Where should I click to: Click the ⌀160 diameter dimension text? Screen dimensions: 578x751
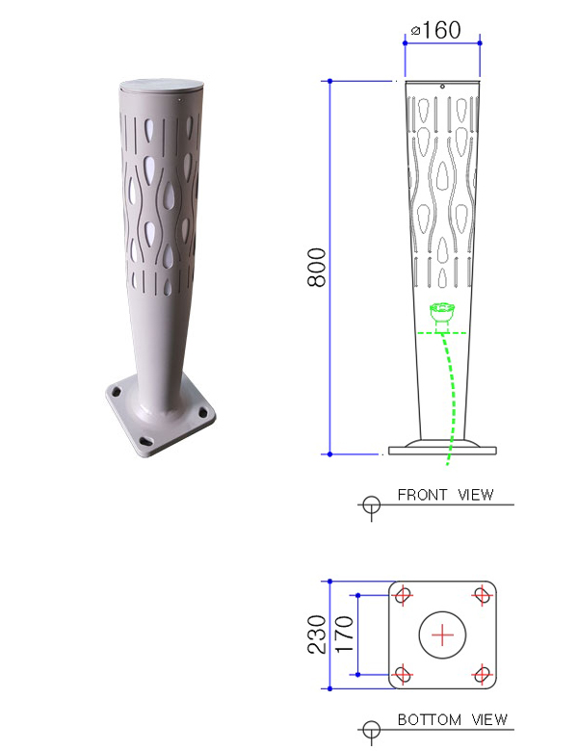[x=436, y=30]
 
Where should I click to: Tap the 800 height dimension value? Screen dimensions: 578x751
[x=316, y=268]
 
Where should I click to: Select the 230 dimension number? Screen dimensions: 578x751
[x=316, y=634]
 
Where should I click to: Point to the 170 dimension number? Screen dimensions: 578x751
[x=344, y=634]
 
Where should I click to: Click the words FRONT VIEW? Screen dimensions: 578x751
[x=445, y=494]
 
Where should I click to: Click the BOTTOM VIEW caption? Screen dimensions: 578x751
[x=453, y=719]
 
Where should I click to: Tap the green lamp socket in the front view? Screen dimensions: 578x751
[x=442, y=312]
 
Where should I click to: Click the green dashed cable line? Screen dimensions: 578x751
[x=451, y=399]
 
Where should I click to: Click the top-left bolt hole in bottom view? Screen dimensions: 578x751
[x=403, y=595]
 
